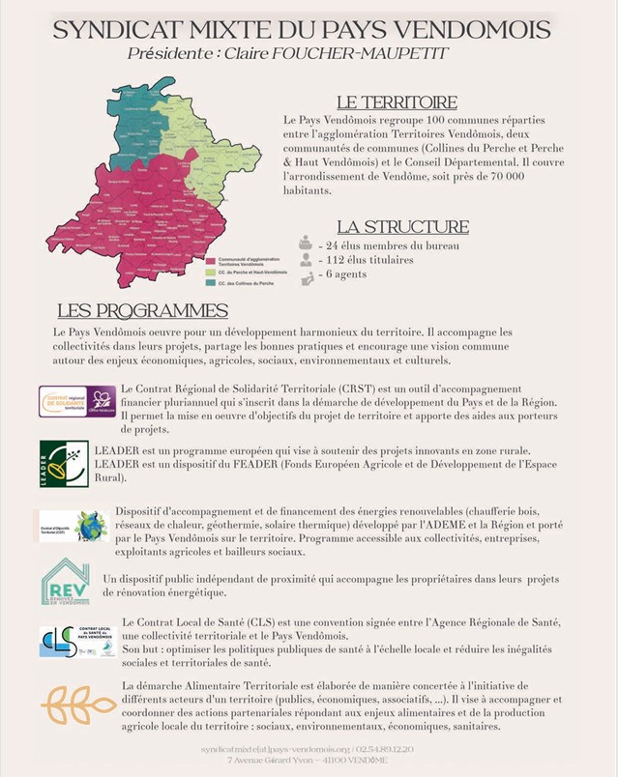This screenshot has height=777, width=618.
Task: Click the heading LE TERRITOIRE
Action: coord(397,102)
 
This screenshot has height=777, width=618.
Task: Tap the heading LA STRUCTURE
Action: coord(402,228)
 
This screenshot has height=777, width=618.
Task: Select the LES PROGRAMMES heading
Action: coord(142,311)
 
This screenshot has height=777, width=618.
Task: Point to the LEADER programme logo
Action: coord(64,464)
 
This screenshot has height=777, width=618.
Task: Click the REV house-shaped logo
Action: coord(66,582)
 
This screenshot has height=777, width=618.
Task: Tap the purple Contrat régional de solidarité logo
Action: coord(77,401)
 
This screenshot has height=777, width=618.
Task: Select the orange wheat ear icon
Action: coord(77,705)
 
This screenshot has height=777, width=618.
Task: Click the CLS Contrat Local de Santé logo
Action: coord(76,641)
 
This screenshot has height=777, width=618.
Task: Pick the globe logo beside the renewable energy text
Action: coord(90,526)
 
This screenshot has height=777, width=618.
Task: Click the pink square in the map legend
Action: coord(210,261)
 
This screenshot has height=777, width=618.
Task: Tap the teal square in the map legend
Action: coord(210,282)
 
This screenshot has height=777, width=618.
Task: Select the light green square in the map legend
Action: coord(210,273)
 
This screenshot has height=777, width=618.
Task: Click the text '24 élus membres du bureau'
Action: coord(389,245)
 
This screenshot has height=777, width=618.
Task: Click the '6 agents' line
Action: coord(346,275)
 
